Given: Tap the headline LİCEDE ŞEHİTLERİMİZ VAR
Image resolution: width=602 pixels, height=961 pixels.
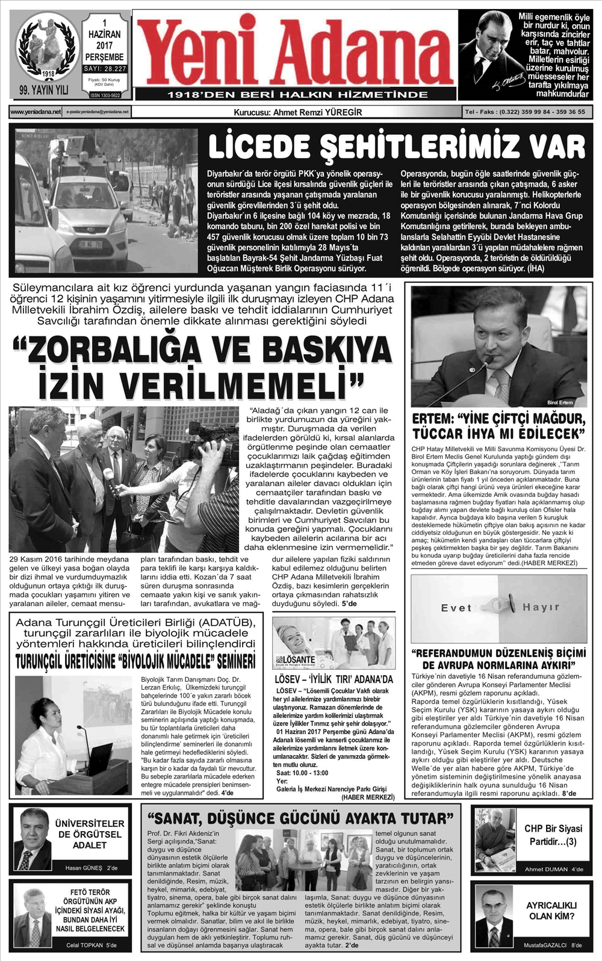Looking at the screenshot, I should click(396, 147).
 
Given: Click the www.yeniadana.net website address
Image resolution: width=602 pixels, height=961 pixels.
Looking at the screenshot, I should click(36, 112).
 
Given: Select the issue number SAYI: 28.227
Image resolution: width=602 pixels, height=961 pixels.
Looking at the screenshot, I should click(105, 69).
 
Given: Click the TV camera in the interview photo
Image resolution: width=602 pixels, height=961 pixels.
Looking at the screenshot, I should click(211, 442).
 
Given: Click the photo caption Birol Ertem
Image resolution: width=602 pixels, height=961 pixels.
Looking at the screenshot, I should click(560, 402).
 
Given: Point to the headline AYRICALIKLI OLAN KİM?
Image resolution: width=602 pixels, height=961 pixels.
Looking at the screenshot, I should click(551, 910).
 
